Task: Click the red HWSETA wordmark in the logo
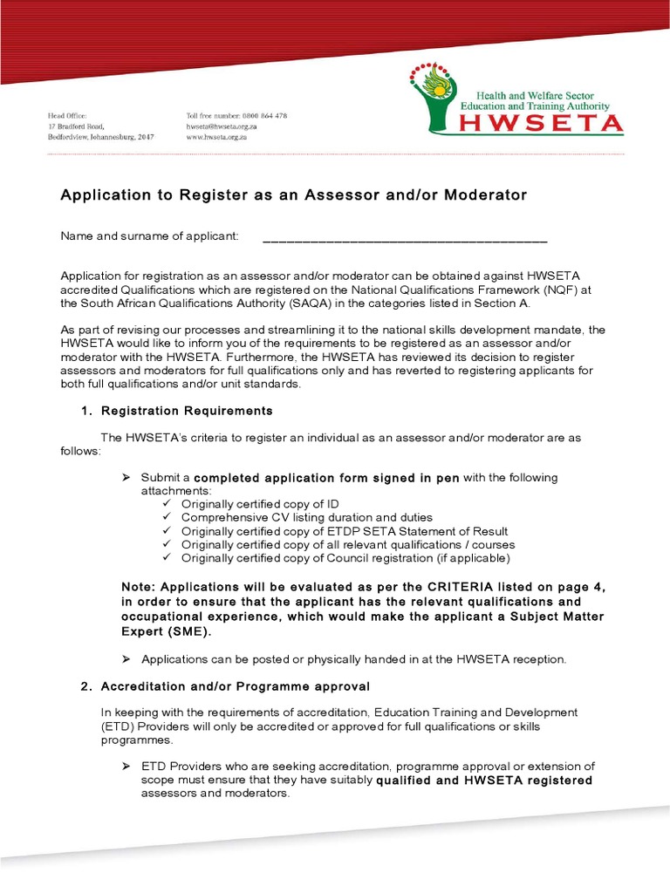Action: (x=542, y=124)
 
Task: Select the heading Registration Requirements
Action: (x=187, y=411)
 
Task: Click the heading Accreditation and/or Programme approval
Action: (x=236, y=686)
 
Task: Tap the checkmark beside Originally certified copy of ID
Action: (x=168, y=504)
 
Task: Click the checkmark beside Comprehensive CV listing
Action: (x=168, y=517)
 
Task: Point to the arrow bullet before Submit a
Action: (x=126, y=478)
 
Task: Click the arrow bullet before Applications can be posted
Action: (x=126, y=659)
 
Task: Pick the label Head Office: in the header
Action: (x=68, y=116)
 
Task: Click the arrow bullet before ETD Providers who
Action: (x=126, y=766)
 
